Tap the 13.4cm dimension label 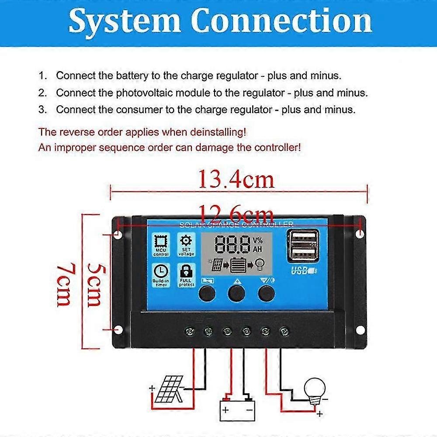coord(236,179)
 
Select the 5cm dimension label coord(94,284)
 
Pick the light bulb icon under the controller coord(315,388)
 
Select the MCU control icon coord(160,243)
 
